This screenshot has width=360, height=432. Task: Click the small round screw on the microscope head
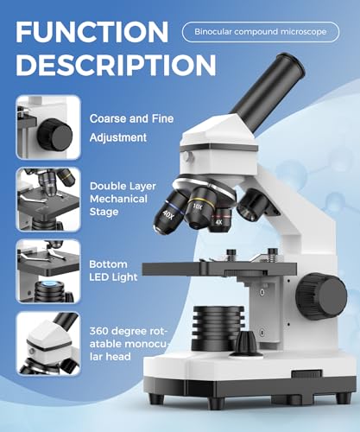186,156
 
